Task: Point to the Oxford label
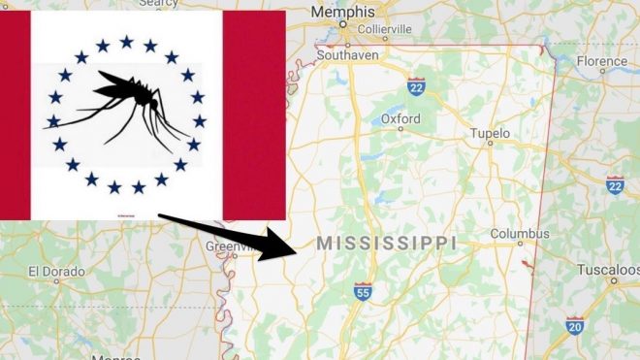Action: coord(400,118)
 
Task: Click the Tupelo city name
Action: coord(490,132)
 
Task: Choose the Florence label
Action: coord(603,60)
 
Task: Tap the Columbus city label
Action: coord(520,234)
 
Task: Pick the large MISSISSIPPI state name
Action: coord(386,243)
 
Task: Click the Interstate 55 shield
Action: coord(362,290)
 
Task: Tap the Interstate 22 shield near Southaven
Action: coord(417,85)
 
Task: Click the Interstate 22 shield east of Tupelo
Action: coord(615,184)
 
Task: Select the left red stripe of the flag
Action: coord(16,116)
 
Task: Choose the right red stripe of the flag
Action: coord(254,116)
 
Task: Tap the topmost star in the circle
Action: coord(126,41)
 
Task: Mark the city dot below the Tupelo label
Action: coord(490,143)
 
